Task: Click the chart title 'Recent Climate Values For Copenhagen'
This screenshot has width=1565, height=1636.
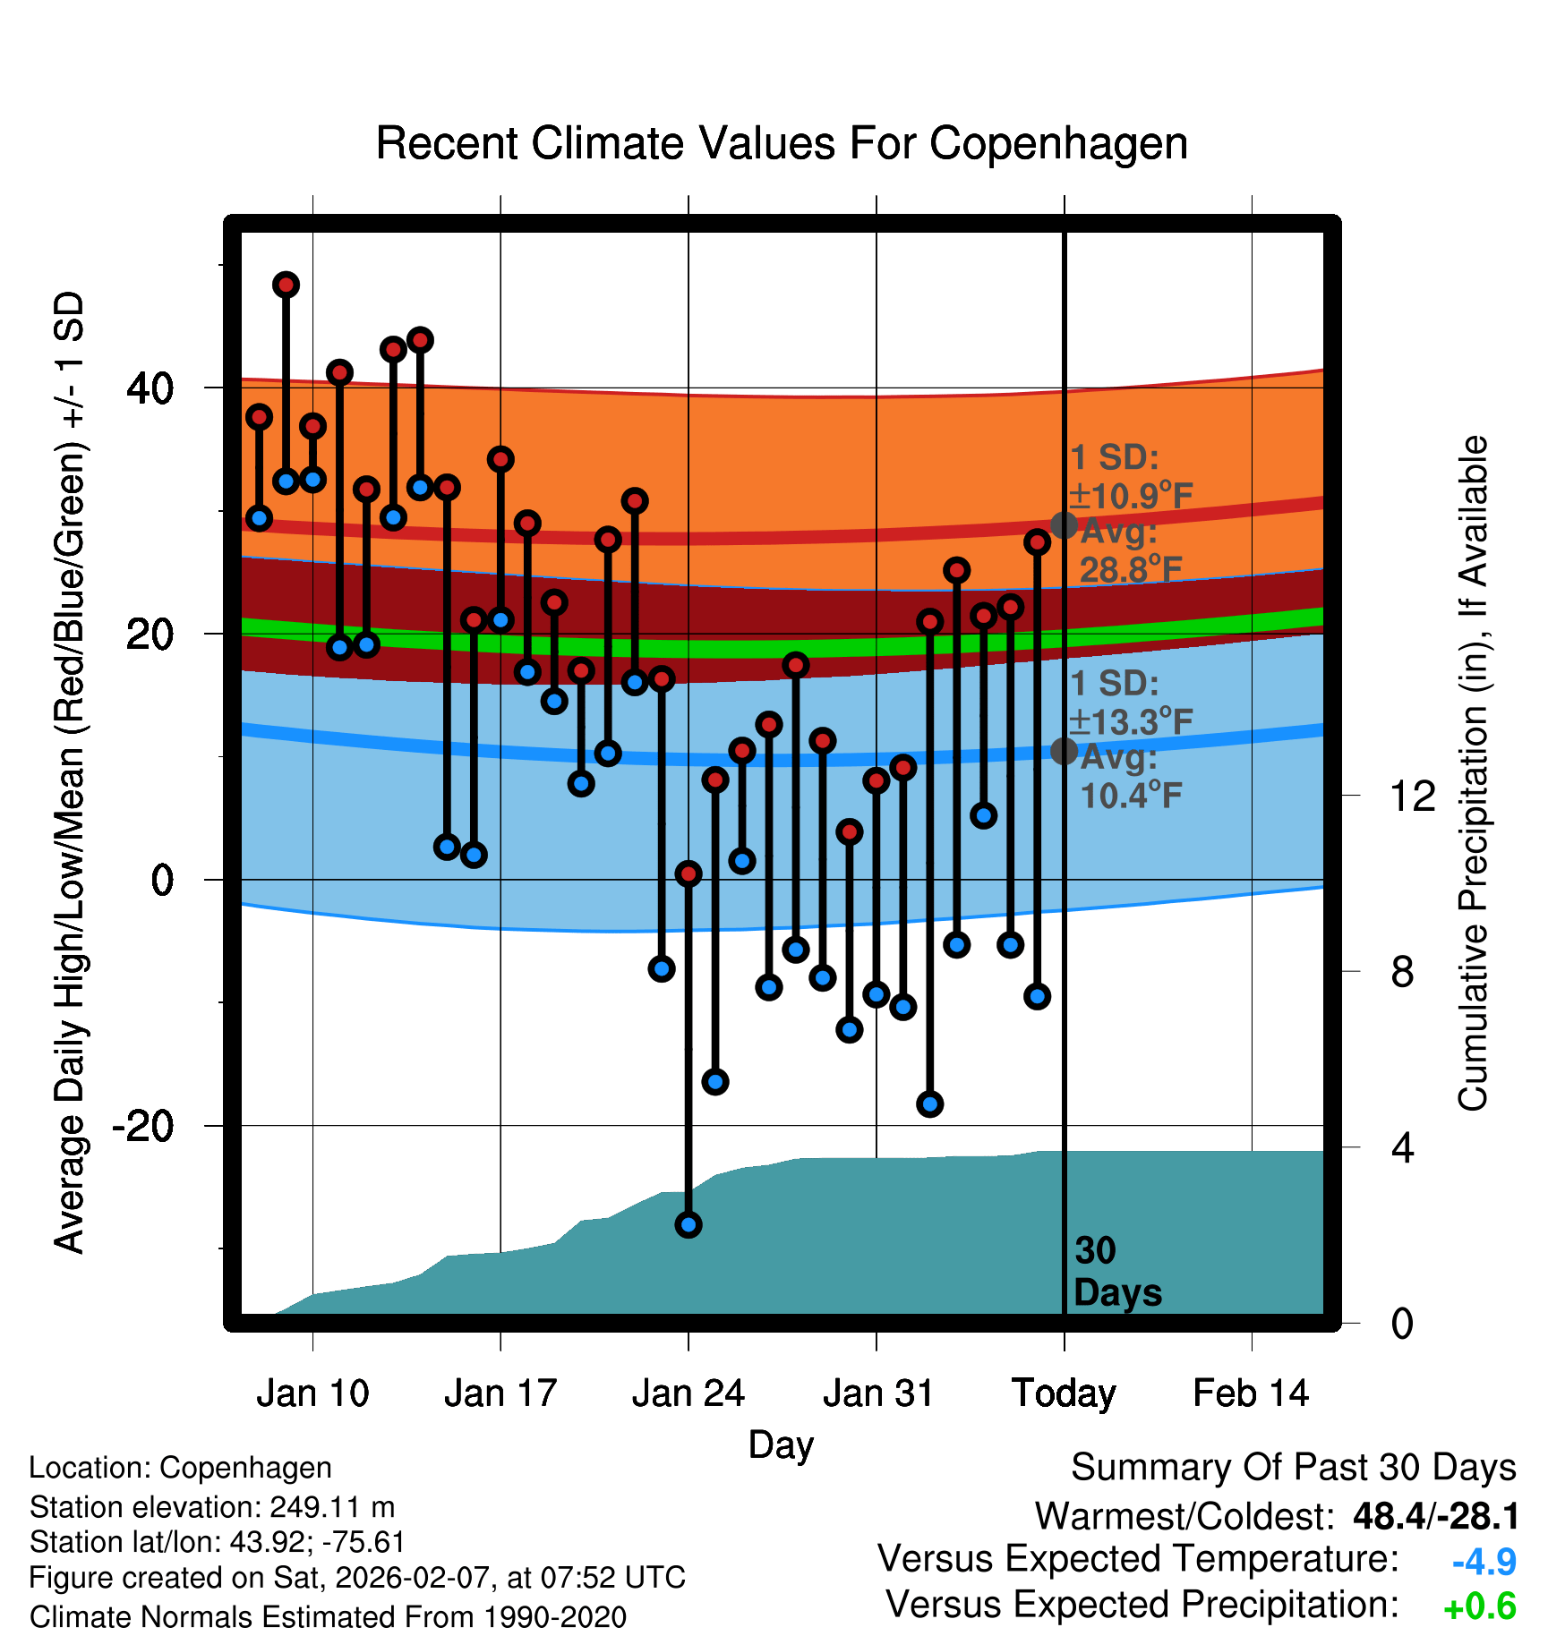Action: click(x=782, y=143)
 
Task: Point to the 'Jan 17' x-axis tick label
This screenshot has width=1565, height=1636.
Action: click(x=500, y=1393)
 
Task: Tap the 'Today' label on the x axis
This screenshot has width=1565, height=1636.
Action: click(x=1064, y=1393)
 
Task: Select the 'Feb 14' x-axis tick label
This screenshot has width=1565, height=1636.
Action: click(x=1251, y=1393)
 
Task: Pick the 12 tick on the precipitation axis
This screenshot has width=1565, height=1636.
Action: click(x=1413, y=796)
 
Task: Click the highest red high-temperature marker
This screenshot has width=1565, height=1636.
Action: click(x=286, y=285)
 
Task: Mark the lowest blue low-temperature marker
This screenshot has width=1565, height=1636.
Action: click(x=688, y=1224)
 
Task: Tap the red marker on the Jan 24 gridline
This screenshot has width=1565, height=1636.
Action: click(x=688, y=873)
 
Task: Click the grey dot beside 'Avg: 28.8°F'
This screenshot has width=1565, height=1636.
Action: click(x=1064, y=524)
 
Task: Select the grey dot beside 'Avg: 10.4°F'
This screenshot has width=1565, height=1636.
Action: click(x=1064, y=750)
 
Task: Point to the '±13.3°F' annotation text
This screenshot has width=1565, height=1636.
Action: click(x=1132, y=721)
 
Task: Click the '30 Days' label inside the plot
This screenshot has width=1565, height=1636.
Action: click(x=1117, y=1272)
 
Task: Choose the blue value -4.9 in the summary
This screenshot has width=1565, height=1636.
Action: click(x=1484, y=1562)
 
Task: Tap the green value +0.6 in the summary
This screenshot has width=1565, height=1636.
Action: click(x=1480, y=1606)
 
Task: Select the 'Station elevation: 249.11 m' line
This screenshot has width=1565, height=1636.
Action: click(x=212, y=1507)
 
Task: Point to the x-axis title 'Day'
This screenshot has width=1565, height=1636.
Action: click(x=781, y=1445)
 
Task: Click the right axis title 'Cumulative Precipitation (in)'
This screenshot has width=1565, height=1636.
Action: click(x=1473, y=773)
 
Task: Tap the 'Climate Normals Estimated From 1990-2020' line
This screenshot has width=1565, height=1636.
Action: click(x=328, y=1617)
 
